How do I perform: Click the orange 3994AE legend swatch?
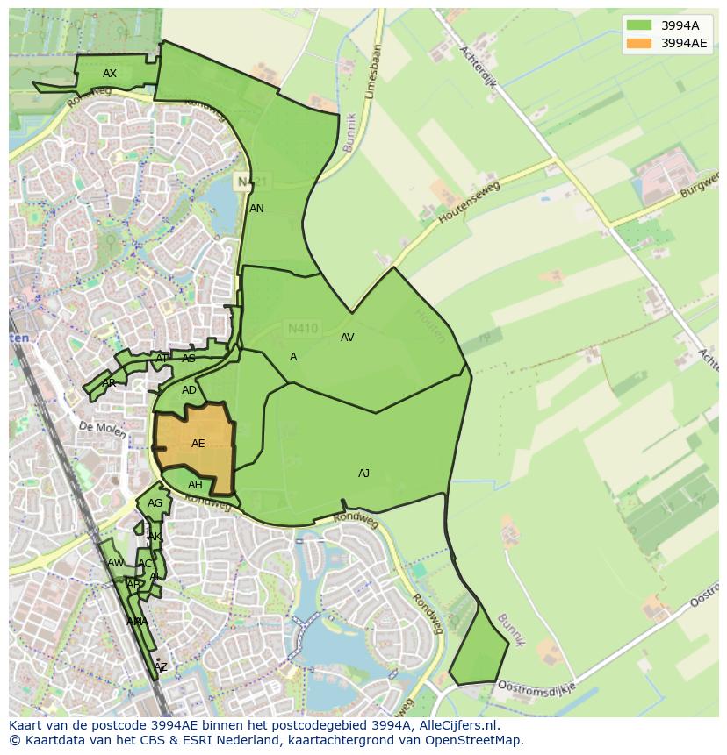click(x=639, y=43)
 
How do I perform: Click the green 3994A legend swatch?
click(x=639, y=25)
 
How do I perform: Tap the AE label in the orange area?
click(x=198, y=444)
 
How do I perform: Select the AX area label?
click(x=110, y=74)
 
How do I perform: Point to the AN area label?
click(x=256, y=209)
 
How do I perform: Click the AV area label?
click(x=347, y=338)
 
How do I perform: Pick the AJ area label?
click(x=363, y=474)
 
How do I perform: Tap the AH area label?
click(x=195, y=485)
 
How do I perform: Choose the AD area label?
click(x=189, y=390)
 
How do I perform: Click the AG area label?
click(x=155, y=503)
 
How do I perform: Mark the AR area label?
click(x=109, y=383)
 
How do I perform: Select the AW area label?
click(x=115, y=563)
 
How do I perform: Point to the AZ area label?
click(x=160, y=667)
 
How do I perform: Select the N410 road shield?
click(x=303, y=329)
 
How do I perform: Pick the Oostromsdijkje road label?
click(x=536, y=686)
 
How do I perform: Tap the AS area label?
click(x=189, y=359)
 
